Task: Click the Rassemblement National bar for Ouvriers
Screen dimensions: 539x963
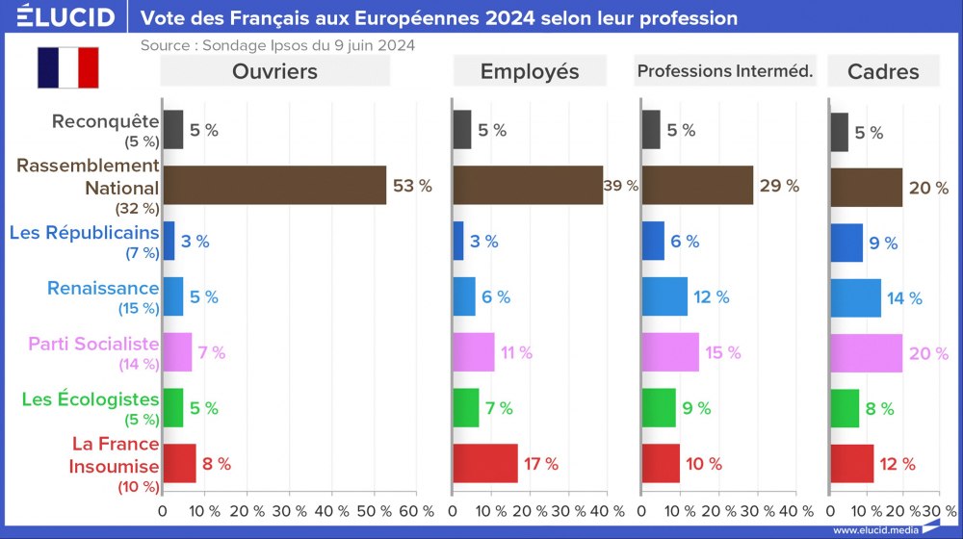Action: pyautogui.click(x=274, y=185)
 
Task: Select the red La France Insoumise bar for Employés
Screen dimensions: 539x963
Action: pyautogui.click(x=485, y=463)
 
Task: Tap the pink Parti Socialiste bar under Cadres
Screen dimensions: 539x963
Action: pyautogui.click(x=866, y=352)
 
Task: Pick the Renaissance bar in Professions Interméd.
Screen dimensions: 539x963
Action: pyautogui.click(x=664, y=296)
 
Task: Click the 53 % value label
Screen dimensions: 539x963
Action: pyautogui.click(x=412, y=187)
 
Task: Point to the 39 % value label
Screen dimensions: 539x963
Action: pyautogui.click(x=621, y=187)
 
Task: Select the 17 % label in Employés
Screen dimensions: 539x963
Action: pyautogui.click(x=540, y=464)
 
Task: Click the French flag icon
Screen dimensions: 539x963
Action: pyautogui.click(x=67, y=66)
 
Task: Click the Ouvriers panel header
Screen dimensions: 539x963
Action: pyautogui.click(x=274, y=71)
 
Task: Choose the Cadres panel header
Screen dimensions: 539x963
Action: pyautogui.click(x=883, y=71)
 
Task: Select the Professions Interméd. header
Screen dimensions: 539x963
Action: pyautogui.click(x=726, y=71)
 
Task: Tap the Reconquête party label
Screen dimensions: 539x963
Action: pyautogui.click(x=105, y=121)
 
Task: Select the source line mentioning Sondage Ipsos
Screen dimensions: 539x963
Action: pyautogui.click(x=277, y=45)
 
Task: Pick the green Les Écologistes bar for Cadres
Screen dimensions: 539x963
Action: pyautogui.click(x=844, y=408)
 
